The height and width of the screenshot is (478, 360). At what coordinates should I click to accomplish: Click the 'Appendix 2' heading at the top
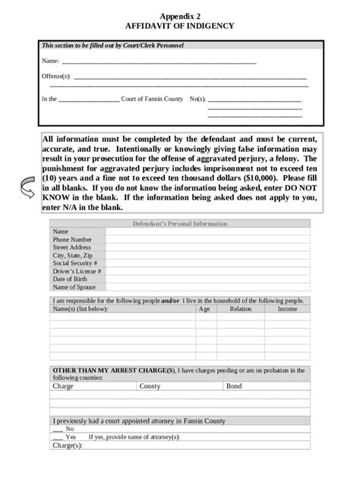(180, 15)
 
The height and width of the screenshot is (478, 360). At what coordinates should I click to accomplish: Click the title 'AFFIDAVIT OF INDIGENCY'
(180, 25)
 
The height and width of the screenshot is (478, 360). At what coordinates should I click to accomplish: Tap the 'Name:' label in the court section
(50, 61)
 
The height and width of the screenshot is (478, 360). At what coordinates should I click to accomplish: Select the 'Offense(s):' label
(55, 77)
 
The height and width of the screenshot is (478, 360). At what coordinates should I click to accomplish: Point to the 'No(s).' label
(197, 99)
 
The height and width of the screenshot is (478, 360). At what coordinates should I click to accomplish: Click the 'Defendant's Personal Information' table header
(179, 224)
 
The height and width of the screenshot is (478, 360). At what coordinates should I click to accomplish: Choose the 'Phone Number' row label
(71, 240)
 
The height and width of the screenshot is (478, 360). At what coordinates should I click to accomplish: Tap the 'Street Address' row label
(71, 247)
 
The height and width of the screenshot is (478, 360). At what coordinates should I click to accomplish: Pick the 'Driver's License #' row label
(77, 271)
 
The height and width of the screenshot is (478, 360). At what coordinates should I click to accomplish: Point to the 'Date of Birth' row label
(71, 279)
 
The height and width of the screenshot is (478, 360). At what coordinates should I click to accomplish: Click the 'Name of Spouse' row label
(74, 287)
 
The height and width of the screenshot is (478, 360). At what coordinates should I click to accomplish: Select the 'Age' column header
(204, 310)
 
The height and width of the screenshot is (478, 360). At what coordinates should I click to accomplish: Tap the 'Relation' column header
(240, 310)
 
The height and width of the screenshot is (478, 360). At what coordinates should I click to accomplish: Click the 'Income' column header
(287, 310)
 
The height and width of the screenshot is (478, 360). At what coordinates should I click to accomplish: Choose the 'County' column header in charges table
(150, 386)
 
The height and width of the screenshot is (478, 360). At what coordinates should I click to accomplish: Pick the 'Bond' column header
(234, 386)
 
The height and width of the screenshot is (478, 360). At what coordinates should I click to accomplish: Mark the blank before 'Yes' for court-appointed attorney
(58, 437)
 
